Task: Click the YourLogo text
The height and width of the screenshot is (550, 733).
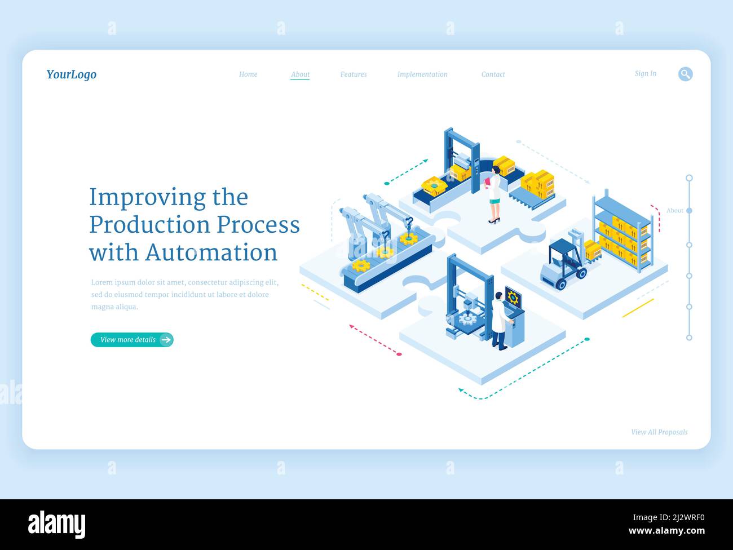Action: click(71, 74)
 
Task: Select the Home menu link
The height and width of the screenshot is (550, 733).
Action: click(248, 74)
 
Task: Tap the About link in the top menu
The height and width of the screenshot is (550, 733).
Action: click(300, 74)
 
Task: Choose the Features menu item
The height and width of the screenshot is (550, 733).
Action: click(354, 74)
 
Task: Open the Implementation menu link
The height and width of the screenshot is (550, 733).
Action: click(422, 74)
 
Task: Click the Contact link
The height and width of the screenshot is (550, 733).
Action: click(493, 74)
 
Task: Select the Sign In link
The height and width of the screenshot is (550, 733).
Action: click(645, 74)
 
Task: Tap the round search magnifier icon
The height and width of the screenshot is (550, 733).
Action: click(685, 74)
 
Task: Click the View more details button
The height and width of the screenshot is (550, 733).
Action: click(132, 340)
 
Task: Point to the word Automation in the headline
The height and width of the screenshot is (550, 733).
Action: click(211, 252)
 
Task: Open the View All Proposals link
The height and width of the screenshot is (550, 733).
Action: click(659, 432)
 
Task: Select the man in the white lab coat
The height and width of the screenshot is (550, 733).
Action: click(499, 320)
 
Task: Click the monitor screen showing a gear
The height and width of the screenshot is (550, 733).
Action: click(513, 298)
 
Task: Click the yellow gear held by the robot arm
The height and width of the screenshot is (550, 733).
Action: click(408, 239)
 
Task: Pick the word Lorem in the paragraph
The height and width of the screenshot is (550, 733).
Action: click(101, 282)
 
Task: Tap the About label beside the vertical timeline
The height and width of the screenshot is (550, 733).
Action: click(674, 210)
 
